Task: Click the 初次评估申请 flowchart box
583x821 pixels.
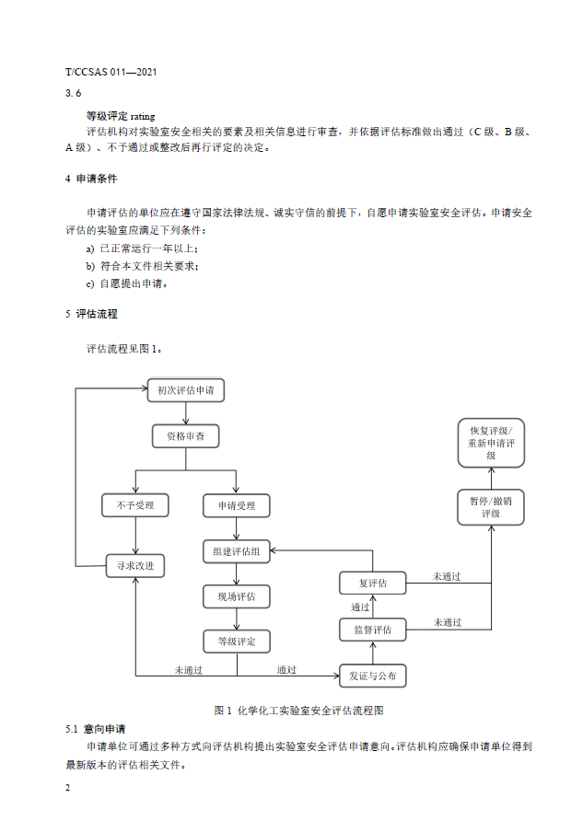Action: click(x=185, y=390)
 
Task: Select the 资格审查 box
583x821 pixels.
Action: click(x=185, y=435)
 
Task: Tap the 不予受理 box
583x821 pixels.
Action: click(x=135, y=505)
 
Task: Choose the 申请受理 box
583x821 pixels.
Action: click(x=237, y=505)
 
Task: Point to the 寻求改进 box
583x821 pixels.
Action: click(x=135, y=565)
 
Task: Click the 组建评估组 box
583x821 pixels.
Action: click(x=237, y=551)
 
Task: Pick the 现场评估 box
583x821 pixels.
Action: click(x=237, y=596)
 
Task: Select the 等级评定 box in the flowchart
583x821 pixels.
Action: click(x=237, y=641)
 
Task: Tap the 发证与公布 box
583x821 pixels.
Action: click(x=372, y=676)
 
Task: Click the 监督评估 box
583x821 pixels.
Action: click(x=372, y=630)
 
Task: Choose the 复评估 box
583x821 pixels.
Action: click(x=372, y=584)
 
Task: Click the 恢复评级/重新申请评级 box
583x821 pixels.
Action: click(x=491, y=443)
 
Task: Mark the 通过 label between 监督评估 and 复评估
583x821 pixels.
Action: click(x=360, y=607)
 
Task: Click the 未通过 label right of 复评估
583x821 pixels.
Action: click(x=448, y=576)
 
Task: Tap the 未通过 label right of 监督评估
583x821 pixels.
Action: click(x=448, y=622)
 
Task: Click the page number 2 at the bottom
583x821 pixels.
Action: click(x=68, y=789)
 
